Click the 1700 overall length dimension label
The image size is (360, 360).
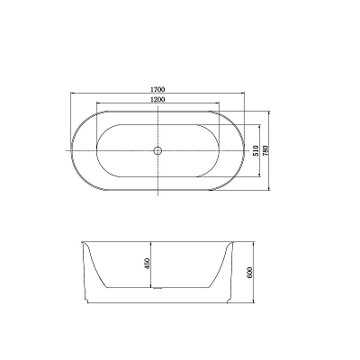[157, 89]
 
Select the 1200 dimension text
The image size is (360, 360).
[157, 99]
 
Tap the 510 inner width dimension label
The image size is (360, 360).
[256, 150]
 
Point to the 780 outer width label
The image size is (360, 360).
[265, 150]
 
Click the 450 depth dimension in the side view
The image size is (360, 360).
[147, 264]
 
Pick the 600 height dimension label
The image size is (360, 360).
[250, 272]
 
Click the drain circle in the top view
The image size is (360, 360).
[157, 150]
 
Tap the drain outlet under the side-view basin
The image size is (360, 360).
[157, 289]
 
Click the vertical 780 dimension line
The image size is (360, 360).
[269, 150]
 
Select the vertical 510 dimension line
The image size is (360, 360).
[259, 150]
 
